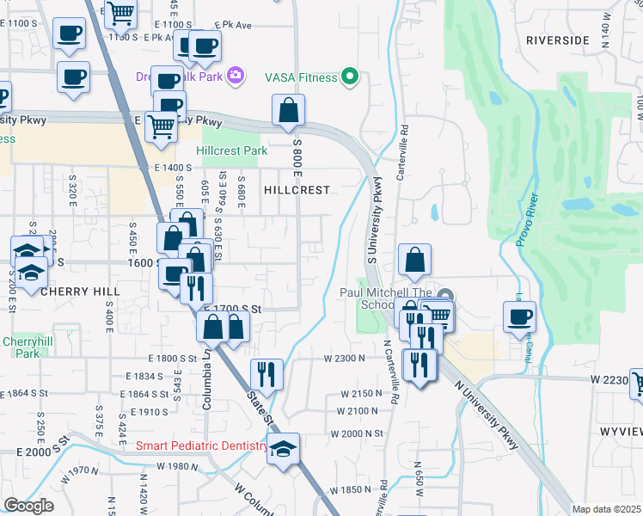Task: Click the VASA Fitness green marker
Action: tap(349, 77)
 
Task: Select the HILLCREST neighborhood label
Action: tap(297, 189)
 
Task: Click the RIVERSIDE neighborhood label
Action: tap(558, 40)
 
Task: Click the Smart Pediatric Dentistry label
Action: tap(203, 445)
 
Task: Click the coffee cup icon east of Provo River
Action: tap(519, 316)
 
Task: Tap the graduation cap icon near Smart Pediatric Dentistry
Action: tap(283, 449)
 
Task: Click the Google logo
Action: tap(28, 506)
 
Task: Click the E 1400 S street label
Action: tap(173, 168)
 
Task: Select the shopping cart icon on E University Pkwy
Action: tap(161, 126)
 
